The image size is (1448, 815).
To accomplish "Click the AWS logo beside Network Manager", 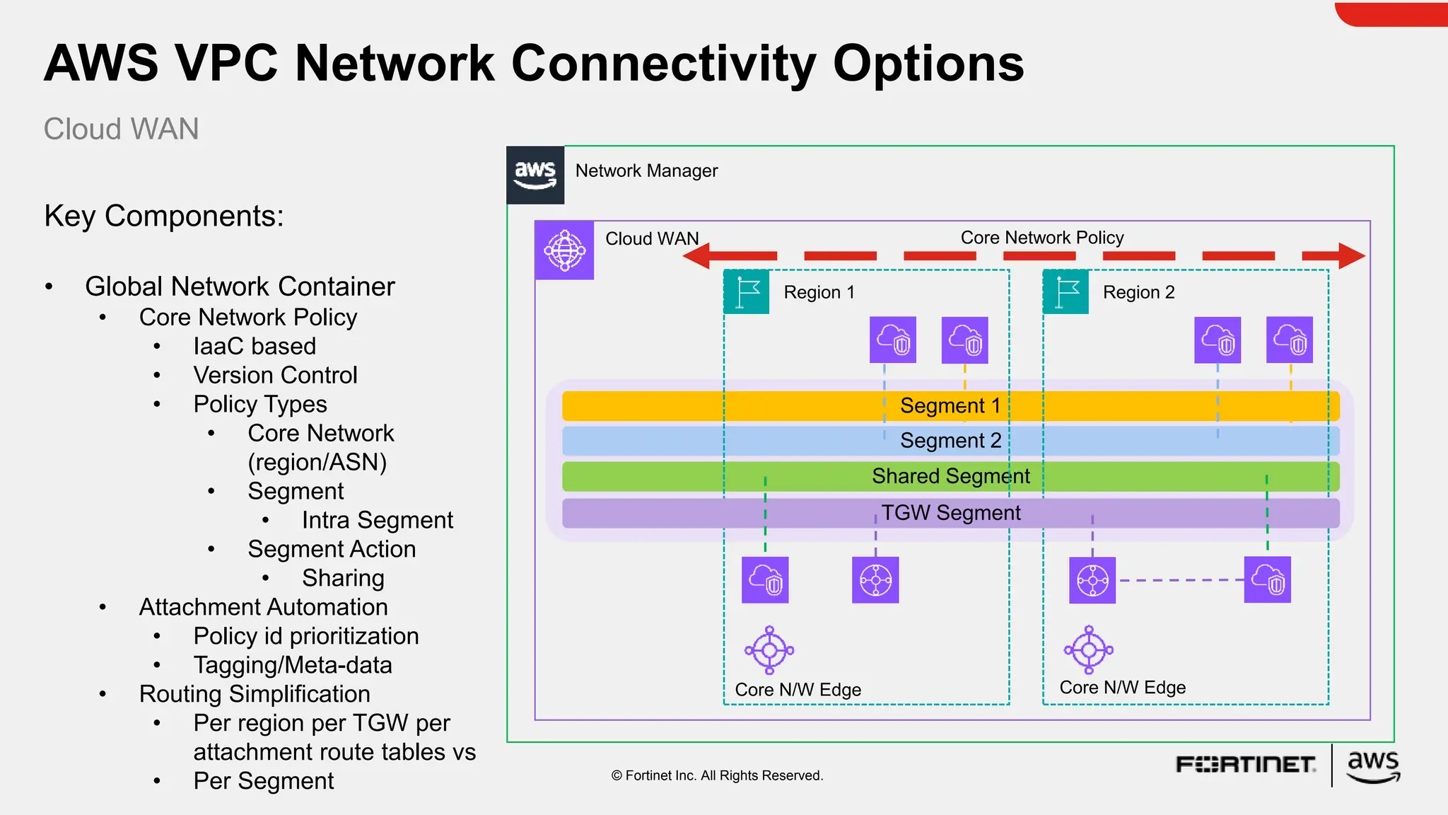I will click(535, 175).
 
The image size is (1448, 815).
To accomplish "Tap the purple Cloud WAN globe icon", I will click(564, 250).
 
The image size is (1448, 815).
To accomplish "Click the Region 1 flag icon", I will click(747, 292).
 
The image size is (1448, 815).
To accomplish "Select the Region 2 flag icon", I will click(1066, 292).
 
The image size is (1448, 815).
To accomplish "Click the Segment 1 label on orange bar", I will click(950, 406).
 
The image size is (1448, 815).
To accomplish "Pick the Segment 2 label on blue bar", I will click(950, 441).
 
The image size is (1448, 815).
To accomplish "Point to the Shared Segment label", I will click(950, 476).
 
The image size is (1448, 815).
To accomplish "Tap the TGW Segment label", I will click(950, 513).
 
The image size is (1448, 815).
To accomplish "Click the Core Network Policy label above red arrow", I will click(1041, 238).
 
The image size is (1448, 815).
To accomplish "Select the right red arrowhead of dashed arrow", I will click(1351, 256).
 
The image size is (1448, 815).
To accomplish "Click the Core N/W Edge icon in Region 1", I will click(769, 649).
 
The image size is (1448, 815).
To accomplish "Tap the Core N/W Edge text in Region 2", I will click(1122, 688).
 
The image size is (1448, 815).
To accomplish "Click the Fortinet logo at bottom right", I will click(1245, 765).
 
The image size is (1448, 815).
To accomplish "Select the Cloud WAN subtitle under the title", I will click(121, 129).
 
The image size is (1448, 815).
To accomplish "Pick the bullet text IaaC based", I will click(255, 346).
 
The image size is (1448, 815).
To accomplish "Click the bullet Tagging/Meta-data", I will click(293, 665).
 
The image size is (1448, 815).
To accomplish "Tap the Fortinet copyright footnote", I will click(717, 775).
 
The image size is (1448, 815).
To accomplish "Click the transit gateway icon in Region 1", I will click(875, 580).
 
